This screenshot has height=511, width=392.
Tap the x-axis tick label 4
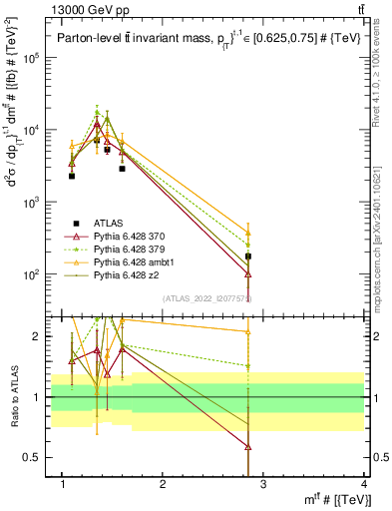coord(363,484)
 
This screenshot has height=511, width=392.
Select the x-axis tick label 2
coord(163,484)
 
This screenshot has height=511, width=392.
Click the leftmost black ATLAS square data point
coord(72,176)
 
